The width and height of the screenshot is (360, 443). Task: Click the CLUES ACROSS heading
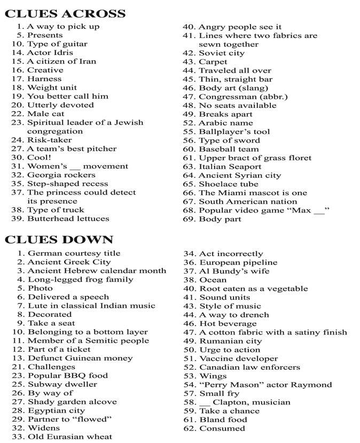tap(65, 13)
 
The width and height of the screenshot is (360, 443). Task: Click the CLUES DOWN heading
tap(59, 239)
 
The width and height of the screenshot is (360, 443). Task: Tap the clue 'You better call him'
tap(67, 96)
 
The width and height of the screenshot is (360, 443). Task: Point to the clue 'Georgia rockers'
tap(61, 175)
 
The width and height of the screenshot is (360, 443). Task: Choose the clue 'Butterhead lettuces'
tap(68, 219)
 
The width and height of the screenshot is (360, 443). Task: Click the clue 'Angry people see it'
tap(240, 27)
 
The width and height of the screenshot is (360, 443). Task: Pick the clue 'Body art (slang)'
tap(233, 88)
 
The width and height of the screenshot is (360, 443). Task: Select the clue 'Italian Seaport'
tap(230, 167)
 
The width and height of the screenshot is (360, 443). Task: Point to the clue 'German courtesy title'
tap(74, 253)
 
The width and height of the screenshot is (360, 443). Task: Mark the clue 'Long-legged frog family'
tap(80, 279)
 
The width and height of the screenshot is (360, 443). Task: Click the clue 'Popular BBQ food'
tap(67, 376)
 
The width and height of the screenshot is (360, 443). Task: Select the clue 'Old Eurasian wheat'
tap(70, 437)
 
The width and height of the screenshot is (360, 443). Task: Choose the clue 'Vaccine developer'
tap(238, 359)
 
